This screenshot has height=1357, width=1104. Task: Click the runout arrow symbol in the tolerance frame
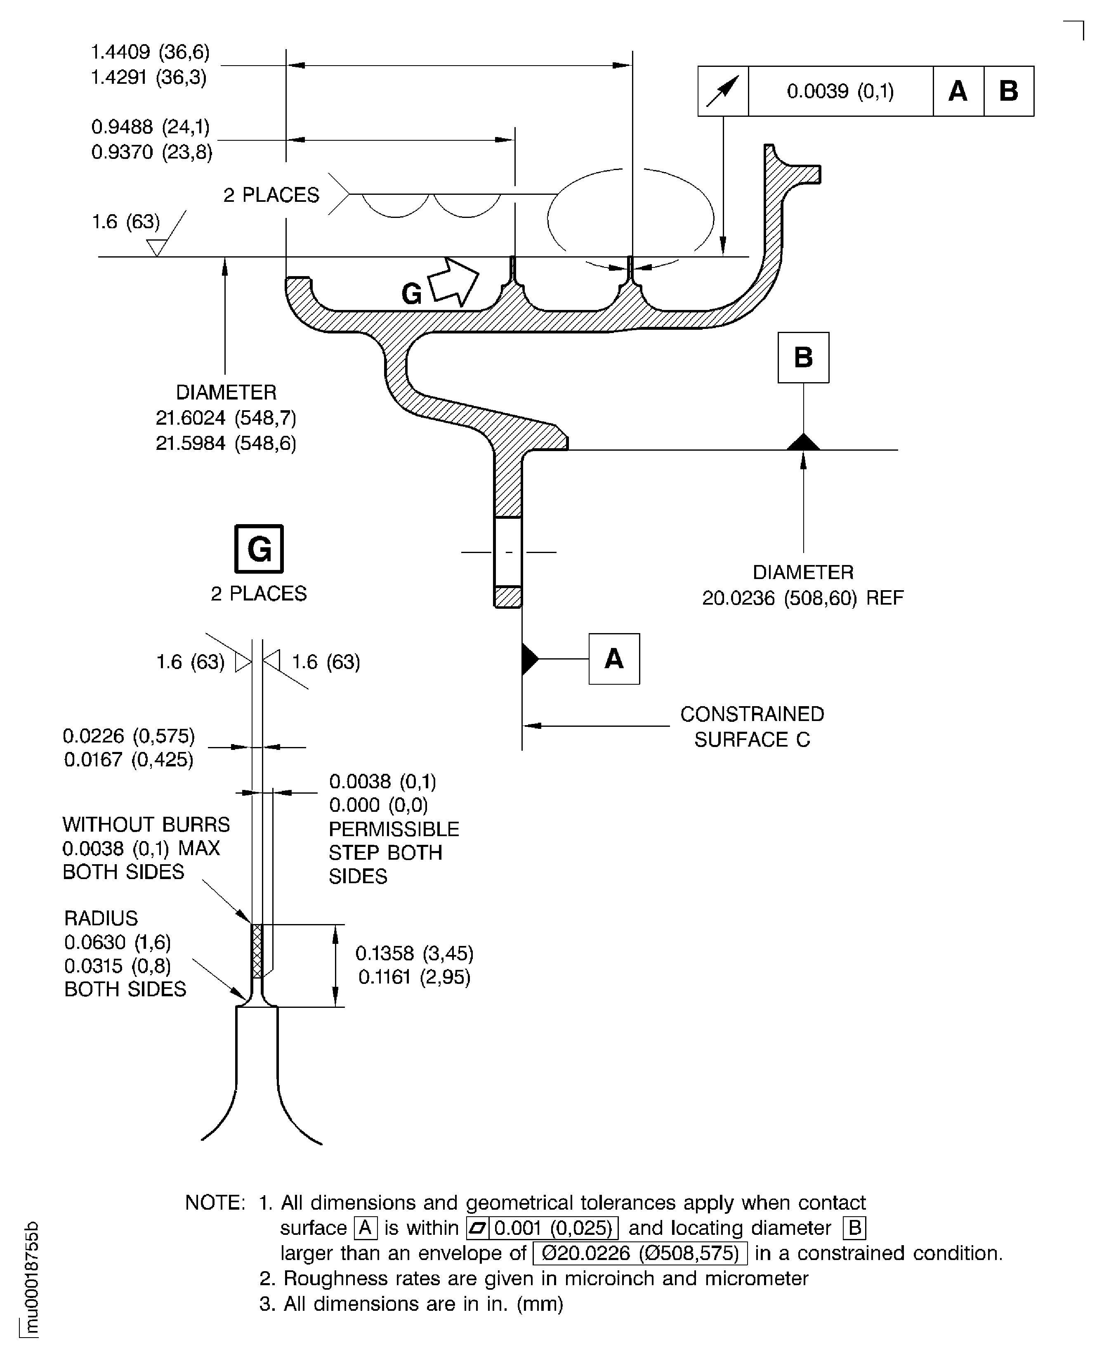723,91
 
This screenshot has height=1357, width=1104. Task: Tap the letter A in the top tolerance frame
958,91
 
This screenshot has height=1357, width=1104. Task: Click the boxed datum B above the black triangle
803,357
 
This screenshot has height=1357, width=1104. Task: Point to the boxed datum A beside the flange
614,659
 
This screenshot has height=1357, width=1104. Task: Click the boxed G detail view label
259,549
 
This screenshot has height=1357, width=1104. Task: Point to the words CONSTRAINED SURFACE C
753,726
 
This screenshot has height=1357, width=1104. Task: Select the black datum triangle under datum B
803,442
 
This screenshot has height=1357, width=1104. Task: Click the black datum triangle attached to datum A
530,659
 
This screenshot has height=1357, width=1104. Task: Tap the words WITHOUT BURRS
146,825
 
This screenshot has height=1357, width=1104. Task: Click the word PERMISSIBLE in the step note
394,829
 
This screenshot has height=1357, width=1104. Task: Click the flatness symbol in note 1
477,1228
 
